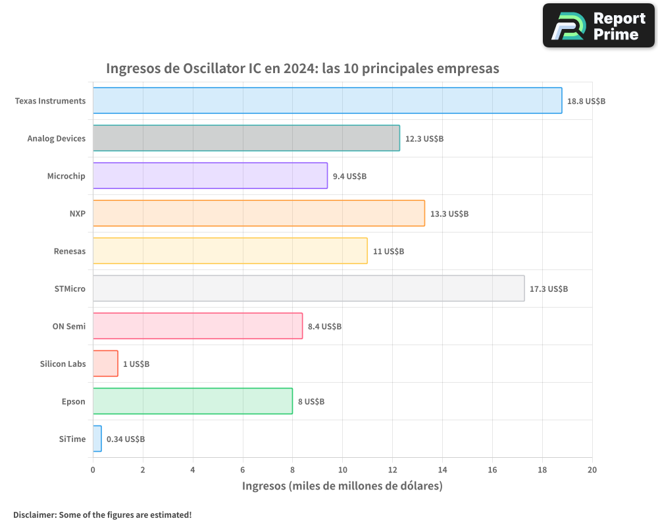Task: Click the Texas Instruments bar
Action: [x=327, y=101]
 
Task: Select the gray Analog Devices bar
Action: [x=246, y=138]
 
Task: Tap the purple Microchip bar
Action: [x=210, y=176]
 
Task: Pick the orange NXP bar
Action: [x=259, y=213]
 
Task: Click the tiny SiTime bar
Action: [x=97, y=439]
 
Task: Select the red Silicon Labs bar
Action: [x=105, y=364]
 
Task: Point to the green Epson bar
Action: [x=192, y=401]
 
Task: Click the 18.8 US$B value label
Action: [x=586, y=101]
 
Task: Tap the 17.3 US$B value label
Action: [x=549, y=289]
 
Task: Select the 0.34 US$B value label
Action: [x=126, y=439]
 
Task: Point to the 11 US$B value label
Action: [x=388, y=252]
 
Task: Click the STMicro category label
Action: [x=70, y=289]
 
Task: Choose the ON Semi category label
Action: [x=69, y=326]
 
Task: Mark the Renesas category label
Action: [x=70, y=251]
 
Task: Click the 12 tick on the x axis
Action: [x=392, y=470]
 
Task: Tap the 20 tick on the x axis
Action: [x=592, y=470]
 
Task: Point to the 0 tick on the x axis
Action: [x=93, y=470]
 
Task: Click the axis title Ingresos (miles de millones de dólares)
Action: [x=342, y=486]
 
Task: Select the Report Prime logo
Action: [x=598, y=26]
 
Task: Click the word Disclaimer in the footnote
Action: [x=34, y=514]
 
